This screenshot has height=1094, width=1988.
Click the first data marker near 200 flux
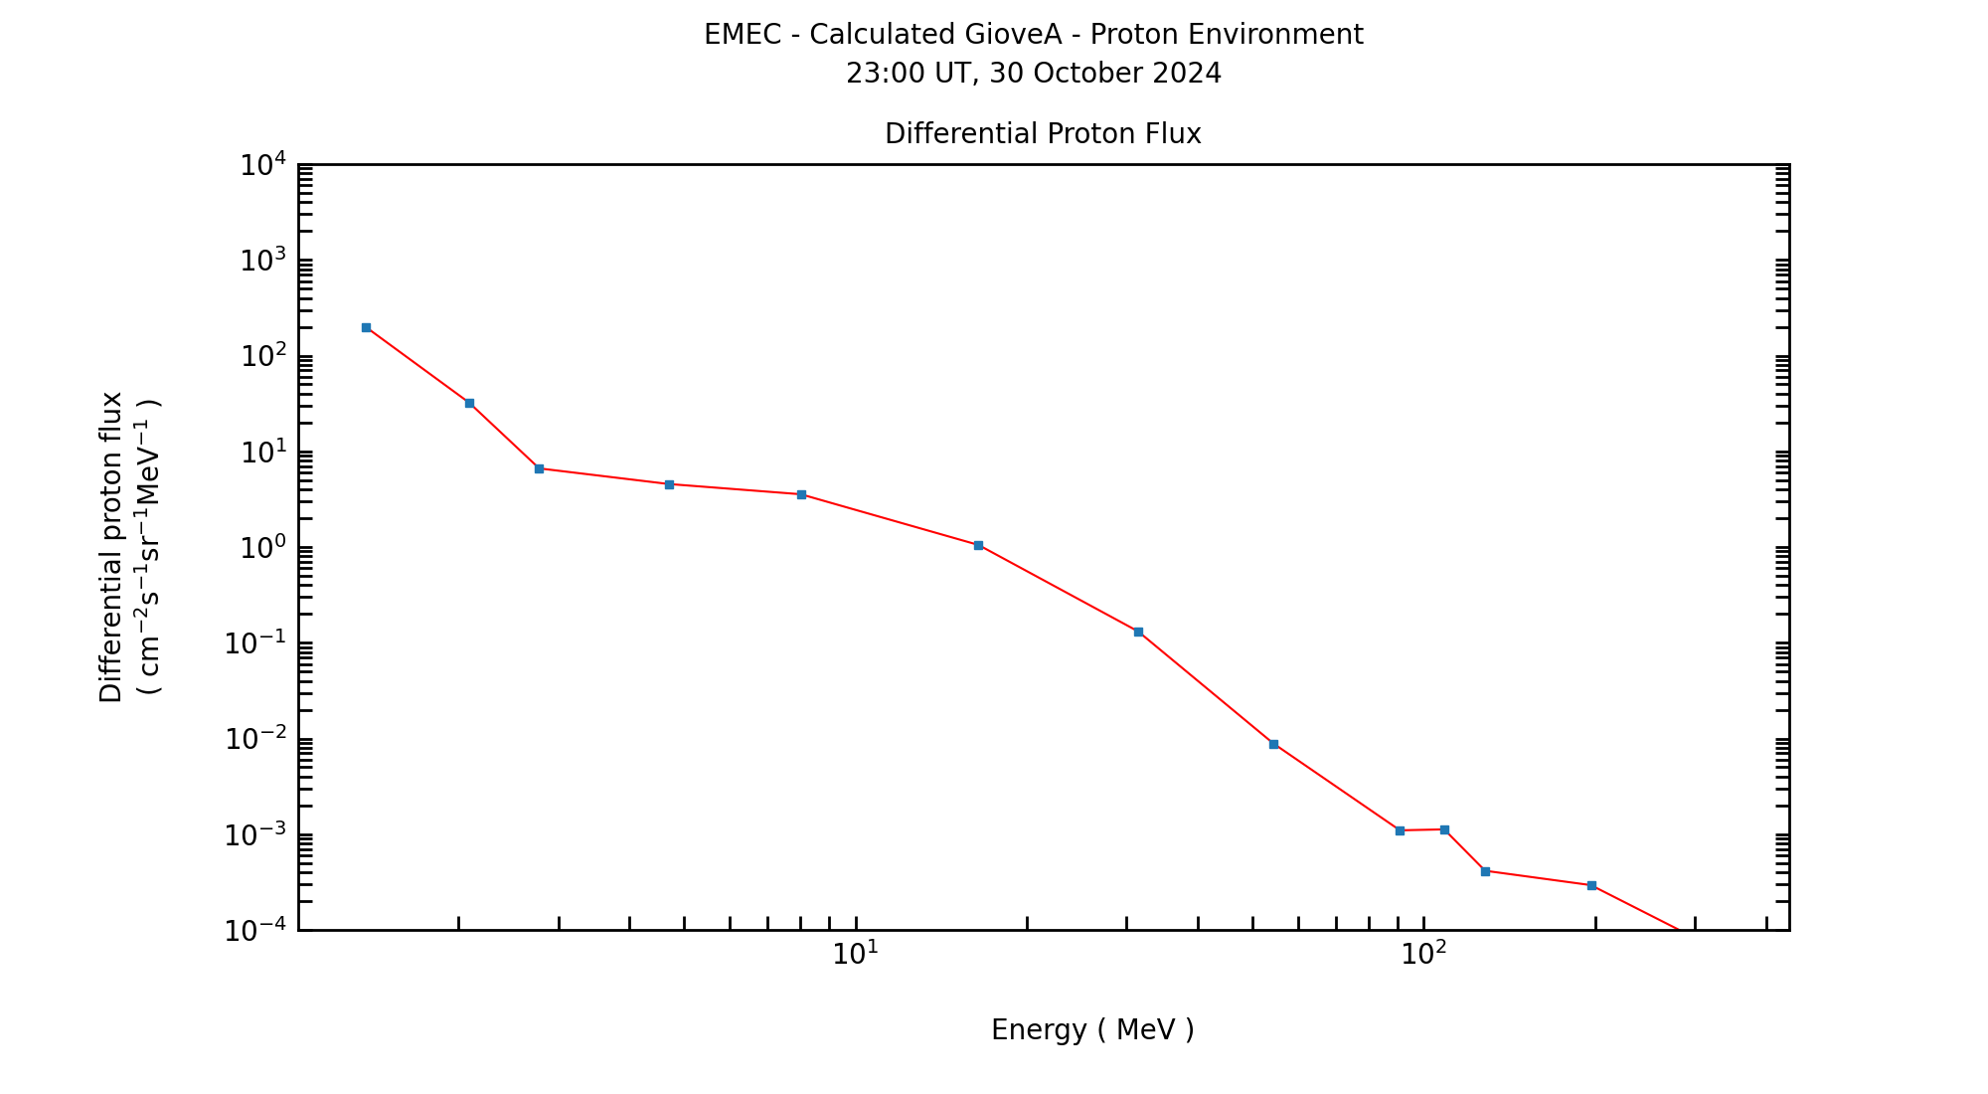pos(366,327)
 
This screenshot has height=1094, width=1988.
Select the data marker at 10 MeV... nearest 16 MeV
pos(978,545)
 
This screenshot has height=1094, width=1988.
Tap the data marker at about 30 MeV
pos(1138,632)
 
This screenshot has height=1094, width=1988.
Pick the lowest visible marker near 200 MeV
pos(1591,885)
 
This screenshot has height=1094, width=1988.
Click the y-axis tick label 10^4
pos(263,165)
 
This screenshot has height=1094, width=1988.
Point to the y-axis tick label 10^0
pos(263,548)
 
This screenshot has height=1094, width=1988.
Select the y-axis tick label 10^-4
pos(255,931)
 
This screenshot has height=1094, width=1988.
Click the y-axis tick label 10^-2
pos(255,739)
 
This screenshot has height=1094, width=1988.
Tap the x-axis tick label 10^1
pos(855,954)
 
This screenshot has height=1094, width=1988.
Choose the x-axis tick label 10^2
pos(1423,954)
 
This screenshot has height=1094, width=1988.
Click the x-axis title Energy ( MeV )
pos(1092,1030)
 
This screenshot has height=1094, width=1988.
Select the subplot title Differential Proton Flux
pos(1043,134)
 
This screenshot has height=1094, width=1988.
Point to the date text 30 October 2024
pos(1105,74)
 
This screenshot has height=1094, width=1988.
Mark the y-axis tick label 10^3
pos(263,261)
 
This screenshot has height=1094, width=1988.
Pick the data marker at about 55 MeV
pos(1273,744)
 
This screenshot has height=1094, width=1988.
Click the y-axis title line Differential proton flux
pos(111,547)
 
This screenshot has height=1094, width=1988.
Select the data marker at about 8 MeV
pos(801,494)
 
